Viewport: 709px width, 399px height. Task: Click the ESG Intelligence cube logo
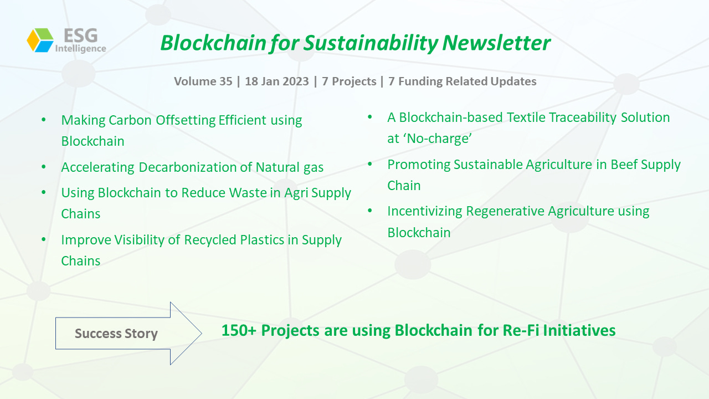click(40, 40)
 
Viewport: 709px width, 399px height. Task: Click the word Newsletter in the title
click(496, 43)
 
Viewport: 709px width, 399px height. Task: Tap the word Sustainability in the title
click(371, 43)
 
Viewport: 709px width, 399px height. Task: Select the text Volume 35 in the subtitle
click(203, 81)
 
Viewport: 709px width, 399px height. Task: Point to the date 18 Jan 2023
click(276, 81)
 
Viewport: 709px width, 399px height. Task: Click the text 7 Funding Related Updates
click(463, 81)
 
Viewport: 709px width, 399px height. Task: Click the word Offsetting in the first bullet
click(185, 120)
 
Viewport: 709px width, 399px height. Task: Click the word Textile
click(526, 117)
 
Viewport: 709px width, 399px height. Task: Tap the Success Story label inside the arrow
click(116, 334)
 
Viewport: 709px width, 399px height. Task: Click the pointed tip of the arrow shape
click(202, 333)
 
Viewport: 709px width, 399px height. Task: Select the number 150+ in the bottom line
click(239, 330)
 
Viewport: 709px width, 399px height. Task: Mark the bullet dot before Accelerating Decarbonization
click(44, 167)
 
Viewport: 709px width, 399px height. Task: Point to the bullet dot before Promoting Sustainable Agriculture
click(369, 164)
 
